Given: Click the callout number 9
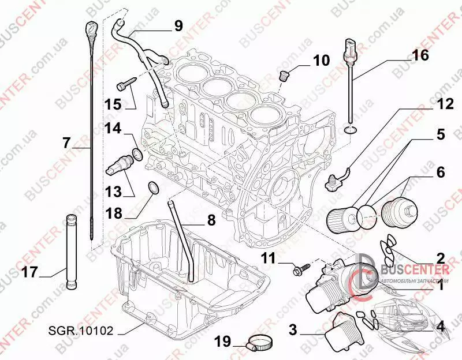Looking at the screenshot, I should tap(178, 25).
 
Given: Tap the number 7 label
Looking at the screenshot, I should tap(66, 141).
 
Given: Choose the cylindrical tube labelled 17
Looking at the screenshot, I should tap(71, 250).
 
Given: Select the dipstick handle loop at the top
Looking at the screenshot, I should tap(92, 27).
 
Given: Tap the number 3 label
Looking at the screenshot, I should tap(293, 330).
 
